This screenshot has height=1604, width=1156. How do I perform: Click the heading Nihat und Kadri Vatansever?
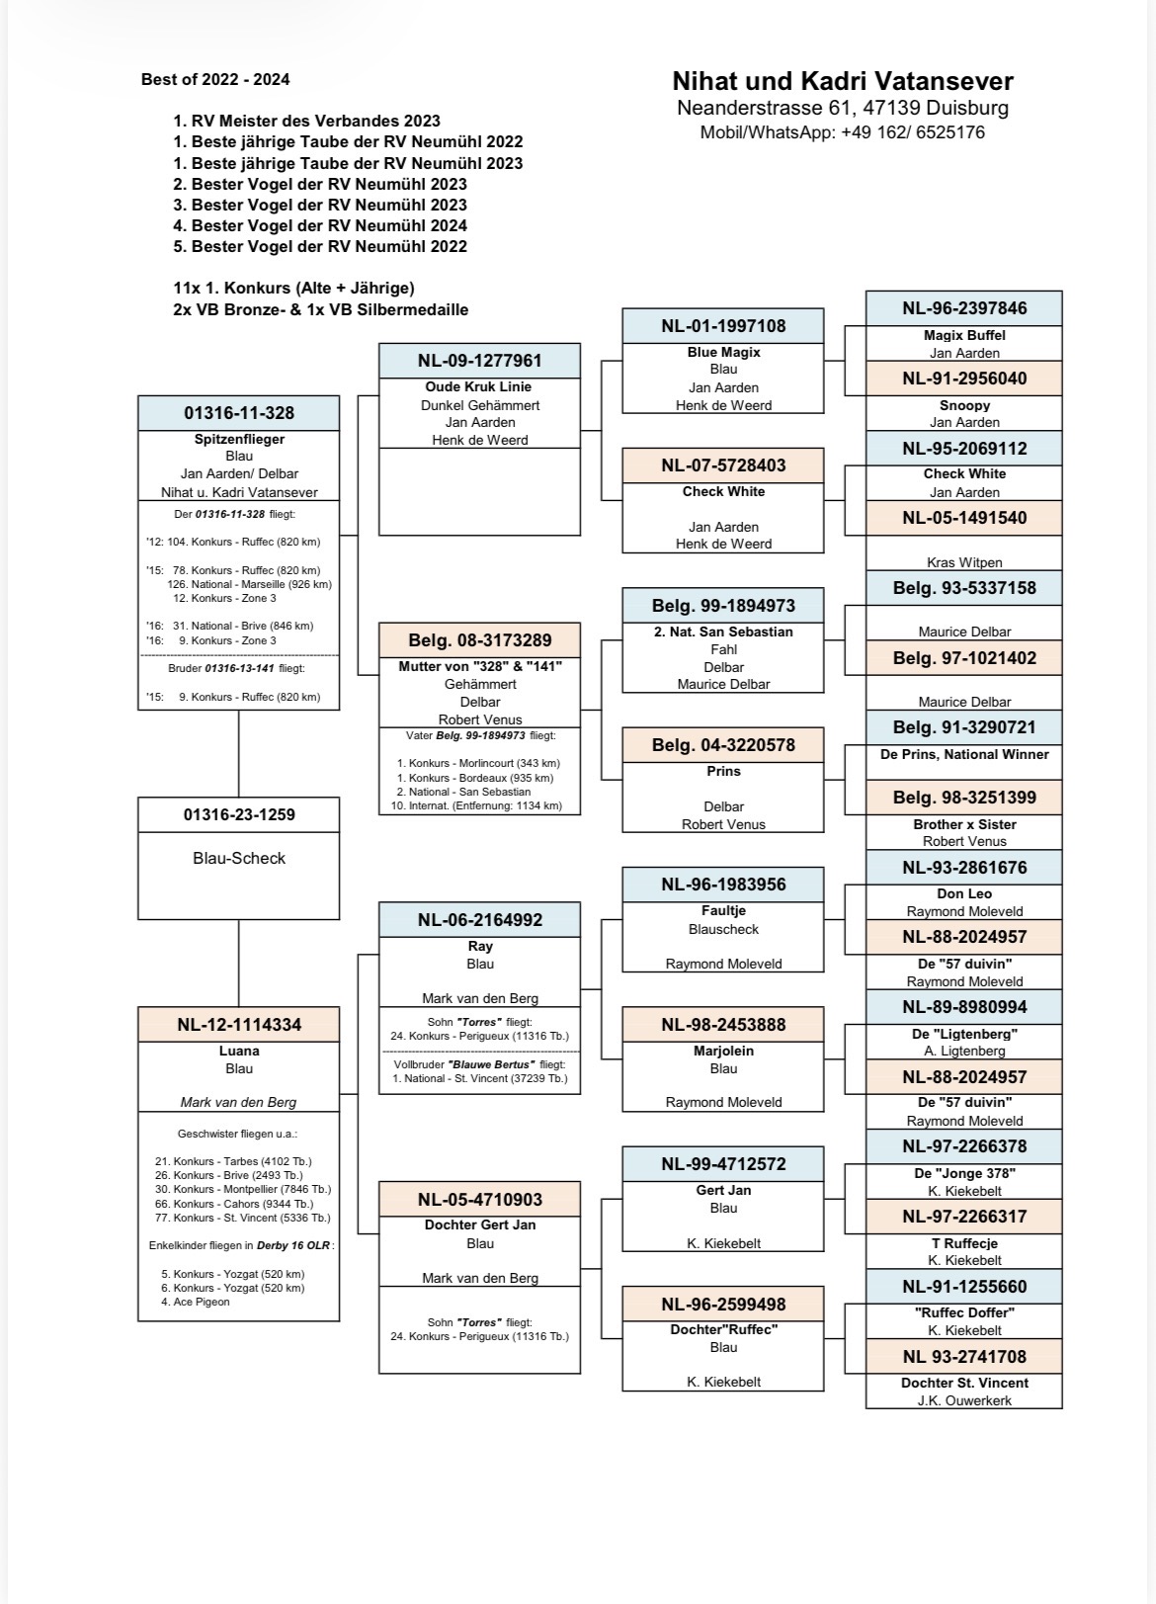click(842, 81)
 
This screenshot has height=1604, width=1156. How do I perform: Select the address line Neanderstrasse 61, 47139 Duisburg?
click(842, 108)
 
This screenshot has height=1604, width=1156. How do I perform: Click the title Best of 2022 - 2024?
click(215, 79)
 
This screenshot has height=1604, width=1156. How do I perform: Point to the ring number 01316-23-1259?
click(239, 814)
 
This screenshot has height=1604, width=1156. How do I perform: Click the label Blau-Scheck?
click(239, 858)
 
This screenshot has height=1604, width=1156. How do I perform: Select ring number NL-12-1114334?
click(239, 1025)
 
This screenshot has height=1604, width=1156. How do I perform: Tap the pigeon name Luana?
click(239, 1051)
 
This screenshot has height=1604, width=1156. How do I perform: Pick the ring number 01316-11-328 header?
click(239, 413)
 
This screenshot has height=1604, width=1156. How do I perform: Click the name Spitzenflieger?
click(239, 439)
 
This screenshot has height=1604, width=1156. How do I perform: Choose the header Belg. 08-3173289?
click(480, 640)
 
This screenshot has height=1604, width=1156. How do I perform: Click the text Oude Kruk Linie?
click(480, 386)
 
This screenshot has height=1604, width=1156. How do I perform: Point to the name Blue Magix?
click(723, 352)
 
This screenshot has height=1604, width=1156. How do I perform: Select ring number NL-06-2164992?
click(480, 919)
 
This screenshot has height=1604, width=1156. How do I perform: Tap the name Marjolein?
click(723, 1051)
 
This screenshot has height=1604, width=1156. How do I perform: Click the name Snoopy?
click(964, 405)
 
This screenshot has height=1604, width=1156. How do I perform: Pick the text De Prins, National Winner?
click(964, 754)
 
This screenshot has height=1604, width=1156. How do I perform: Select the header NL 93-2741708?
click(964, 1357)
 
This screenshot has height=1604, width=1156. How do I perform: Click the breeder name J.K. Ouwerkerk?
click(964, 1400)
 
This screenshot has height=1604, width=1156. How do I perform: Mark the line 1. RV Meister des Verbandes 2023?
click(306, 121)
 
